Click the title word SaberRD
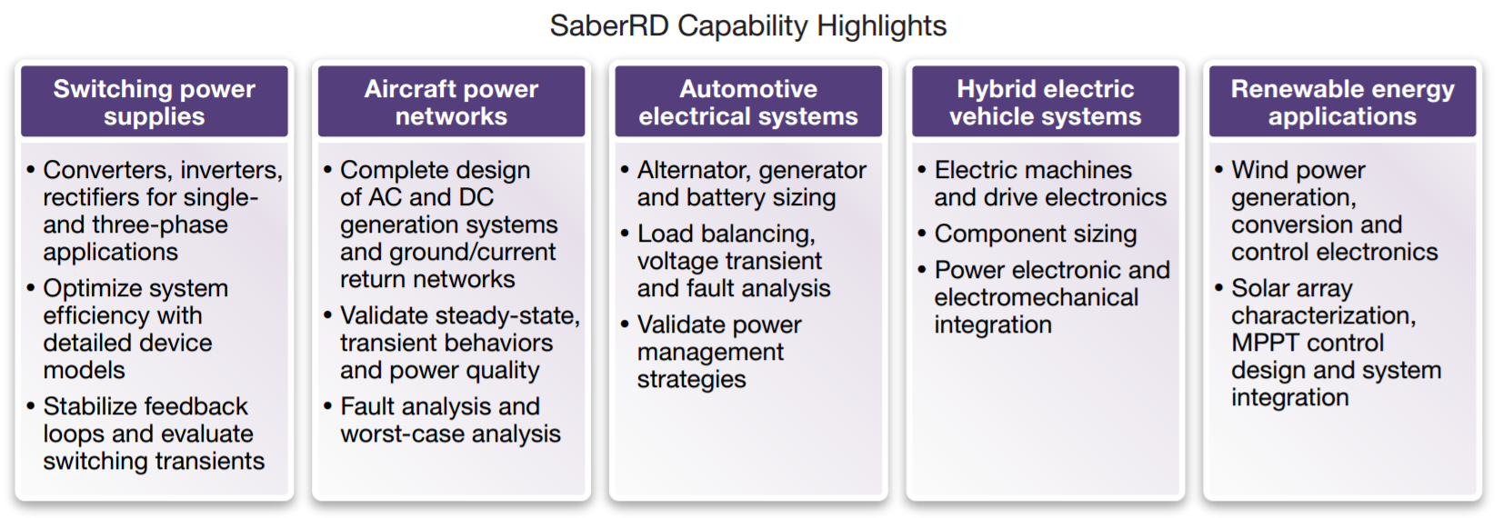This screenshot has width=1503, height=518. tap(608, 26)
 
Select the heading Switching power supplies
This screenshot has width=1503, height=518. tap(155, 102)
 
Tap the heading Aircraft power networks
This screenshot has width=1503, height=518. tap(452, 102)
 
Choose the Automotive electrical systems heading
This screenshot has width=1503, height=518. tap(748, 102)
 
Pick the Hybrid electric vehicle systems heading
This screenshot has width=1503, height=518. tap(1046, 102)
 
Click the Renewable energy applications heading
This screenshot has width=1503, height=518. tap(1343, 102)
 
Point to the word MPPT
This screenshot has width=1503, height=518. tap(1265, 343)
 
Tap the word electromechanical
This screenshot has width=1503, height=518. tap(1036, 297)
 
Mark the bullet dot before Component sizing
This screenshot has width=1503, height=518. tap(922, 234)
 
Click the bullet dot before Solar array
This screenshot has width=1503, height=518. tap(1219, 288)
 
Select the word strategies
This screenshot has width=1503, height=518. tap(691, 380)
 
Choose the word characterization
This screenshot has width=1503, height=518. tap(1323, 315)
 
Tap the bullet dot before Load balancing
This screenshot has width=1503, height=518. tap(625, 234)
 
